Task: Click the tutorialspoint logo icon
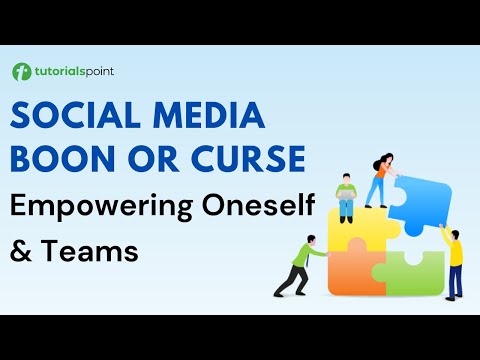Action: pos(21,72)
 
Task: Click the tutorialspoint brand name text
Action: pos(74,72)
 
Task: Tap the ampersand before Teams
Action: pos(21,251)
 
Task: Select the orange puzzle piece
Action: pos(352,271)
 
